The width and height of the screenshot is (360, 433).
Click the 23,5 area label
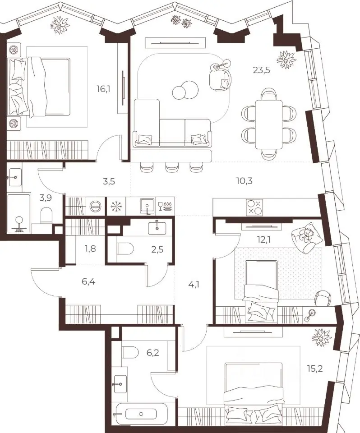(x=261, y=70)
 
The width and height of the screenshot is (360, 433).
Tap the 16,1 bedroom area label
(x=104, y=89)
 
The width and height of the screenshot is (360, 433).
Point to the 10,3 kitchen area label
(x=244, y=181)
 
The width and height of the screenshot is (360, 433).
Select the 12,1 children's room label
(x=264, y=240)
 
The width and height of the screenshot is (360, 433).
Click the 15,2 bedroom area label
(x=315, y=369)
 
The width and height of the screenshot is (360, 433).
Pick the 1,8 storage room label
(x=91, y=249)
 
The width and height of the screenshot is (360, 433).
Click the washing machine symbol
(x=96, y=206)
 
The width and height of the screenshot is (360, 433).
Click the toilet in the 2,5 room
(x=125, y=249)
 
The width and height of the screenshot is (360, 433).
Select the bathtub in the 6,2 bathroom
(x=141, y=414)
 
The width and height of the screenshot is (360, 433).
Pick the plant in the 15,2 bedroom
(x=321, y=336)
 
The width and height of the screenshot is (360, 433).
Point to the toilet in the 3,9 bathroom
(x=46, y=216)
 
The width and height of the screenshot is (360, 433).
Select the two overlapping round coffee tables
(x=185, y=90)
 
